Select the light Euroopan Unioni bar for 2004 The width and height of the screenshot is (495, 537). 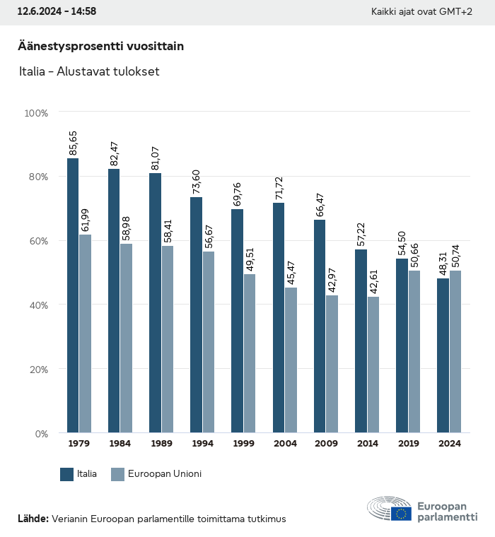(291, 360)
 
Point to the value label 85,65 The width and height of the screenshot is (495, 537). (73, 143)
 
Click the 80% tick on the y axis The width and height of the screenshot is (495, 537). (36, 177)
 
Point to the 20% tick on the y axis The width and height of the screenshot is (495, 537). (36, 369)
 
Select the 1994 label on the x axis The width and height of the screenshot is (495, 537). (202, 444)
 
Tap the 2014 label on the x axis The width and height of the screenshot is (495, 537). (367, 444)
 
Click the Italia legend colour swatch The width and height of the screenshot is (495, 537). (67, 474)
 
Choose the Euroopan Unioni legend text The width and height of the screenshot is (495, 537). (165, 474)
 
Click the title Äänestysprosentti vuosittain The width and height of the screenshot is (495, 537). (100, 46)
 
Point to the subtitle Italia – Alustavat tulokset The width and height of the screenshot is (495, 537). (88, 71)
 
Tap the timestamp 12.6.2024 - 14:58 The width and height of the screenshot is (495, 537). (57, 11)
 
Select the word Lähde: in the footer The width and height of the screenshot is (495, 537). (33, 519)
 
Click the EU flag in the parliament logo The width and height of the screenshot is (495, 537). (401, 514)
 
